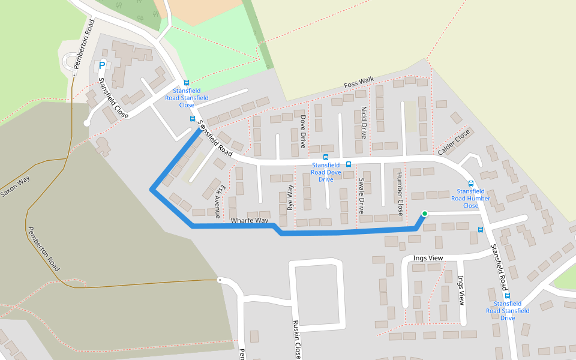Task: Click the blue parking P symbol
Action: pyautogui.click(x=102, y=65)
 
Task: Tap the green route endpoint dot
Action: pyautogui.click(x=425, y=214)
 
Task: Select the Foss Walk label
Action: pyautogui.click(x=359, y=83)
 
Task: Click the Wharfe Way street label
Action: pyautogui.click(x=250, y=221)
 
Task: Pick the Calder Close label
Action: pyautogui.click(x=454, y=142)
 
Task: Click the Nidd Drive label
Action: pyautogui.click(x=364, y=122)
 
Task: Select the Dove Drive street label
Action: pyautogui.click(x=303, y=131)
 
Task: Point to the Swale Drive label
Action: pyautogui.click(x=361, y=196)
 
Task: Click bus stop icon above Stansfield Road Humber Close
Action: pyautogui.click(x=470, y=184)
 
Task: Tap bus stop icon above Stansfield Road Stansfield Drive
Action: pyautogui.click(x=508, y=295)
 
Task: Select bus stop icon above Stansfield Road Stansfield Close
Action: pyautogui.click(x=187, y=83)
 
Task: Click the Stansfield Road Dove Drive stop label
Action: pyautogui.click(x=326, y=172)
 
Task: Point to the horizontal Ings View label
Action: pyautogui.click(x=428, y=258)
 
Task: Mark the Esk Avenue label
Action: pyautogui.click(x=218, y=200)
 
